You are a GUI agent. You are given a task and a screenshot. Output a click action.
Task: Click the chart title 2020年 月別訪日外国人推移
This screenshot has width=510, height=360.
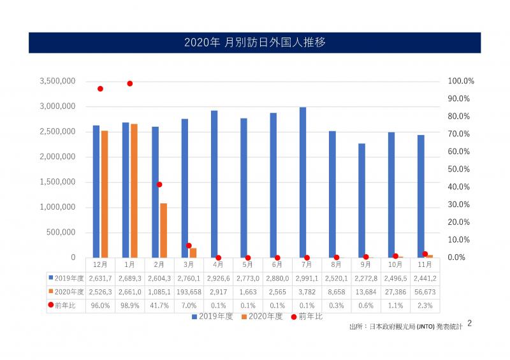255,43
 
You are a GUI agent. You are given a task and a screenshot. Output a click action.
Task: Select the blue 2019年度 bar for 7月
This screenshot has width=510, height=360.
303,182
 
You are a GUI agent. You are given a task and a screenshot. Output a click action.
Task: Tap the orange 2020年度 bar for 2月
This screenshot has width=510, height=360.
163,230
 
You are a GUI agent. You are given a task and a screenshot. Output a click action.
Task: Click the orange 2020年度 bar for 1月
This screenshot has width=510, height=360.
134,191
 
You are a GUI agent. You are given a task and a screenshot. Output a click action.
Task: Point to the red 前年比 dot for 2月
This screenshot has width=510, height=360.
159,185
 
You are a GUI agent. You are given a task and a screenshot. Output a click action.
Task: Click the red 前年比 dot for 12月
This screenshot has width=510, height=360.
100,89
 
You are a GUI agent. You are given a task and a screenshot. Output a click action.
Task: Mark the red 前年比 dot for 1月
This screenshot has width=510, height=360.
129,83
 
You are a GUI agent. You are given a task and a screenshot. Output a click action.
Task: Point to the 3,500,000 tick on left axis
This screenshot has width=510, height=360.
57,81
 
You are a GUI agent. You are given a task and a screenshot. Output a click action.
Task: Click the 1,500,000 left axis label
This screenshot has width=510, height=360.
57,182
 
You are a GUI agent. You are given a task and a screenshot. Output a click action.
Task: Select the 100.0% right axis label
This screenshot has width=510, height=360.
461,81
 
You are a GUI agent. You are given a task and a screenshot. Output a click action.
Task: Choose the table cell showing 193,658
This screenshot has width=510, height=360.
189,291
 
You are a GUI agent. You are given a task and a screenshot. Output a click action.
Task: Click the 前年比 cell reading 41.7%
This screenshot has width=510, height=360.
159,305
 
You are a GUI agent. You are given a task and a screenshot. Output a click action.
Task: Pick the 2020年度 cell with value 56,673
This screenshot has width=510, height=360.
426,291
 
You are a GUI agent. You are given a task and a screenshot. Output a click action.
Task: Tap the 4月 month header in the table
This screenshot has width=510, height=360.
218,264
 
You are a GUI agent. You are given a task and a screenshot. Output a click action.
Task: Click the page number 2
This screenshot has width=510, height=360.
470,323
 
